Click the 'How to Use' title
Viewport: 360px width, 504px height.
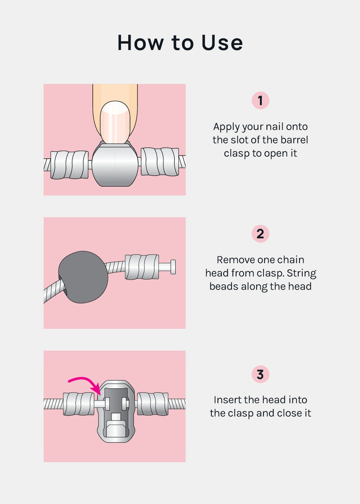coord(180,42)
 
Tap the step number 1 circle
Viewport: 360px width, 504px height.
coord(260,100)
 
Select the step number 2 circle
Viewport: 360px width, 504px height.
coord(260,234)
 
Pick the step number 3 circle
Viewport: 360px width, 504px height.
coord(260,374)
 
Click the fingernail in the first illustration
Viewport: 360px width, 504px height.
coord(115,122)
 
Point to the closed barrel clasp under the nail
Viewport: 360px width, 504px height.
coord(115,164)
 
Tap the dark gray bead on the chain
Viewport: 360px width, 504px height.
coord(83,277)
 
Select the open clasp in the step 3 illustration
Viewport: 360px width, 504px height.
coord(116,412)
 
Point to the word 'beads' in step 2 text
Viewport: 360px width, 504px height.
coord(223,286)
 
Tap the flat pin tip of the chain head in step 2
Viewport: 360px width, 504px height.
coord(173,267)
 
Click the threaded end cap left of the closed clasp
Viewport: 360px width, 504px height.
coord(69,165)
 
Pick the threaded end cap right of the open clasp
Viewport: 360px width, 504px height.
coord(153,404)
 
